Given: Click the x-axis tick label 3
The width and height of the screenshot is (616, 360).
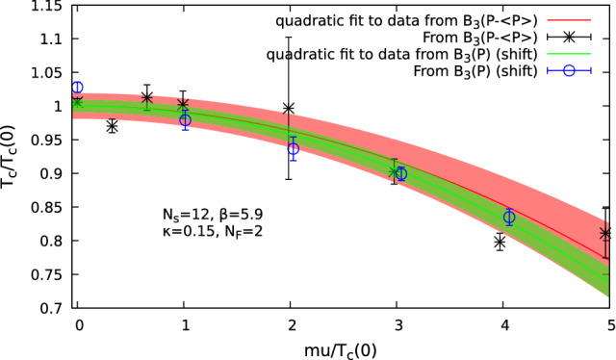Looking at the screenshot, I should [x=398, y=325].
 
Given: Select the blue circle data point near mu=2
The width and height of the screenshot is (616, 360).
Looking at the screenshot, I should [x=294, y=148].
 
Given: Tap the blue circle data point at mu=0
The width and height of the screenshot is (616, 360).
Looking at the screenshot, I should [x=78, y=88].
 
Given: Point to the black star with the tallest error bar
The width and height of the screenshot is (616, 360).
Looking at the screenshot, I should [x=289, y=108].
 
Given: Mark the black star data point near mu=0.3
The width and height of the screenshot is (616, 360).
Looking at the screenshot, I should [x=113, y=126].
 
